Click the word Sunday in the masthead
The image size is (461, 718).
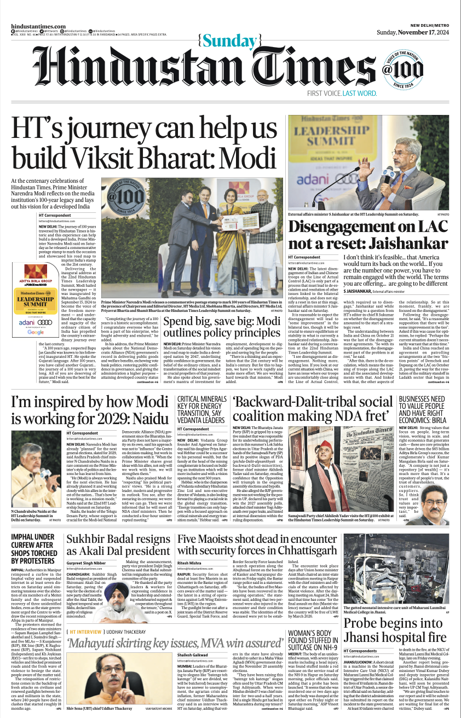[230, 40]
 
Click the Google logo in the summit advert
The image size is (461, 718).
[36, 332]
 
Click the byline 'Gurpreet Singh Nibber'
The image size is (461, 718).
[87, 563]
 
